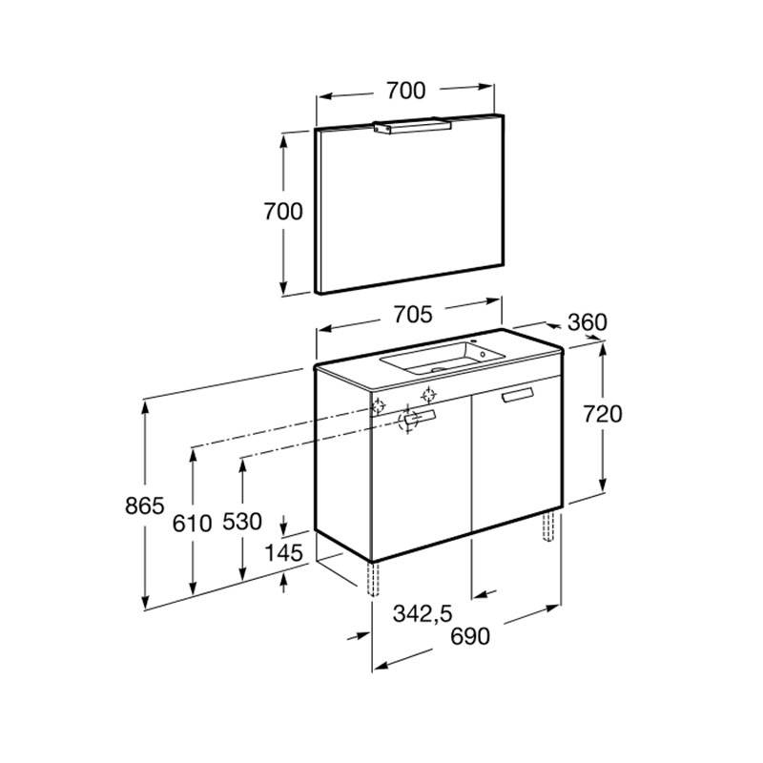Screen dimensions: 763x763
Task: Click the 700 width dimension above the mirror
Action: pyautogui.click(x=406, y=91)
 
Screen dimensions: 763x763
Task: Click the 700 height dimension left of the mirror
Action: pyautogui.click(x=283, y=211)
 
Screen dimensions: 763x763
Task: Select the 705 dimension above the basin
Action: pyautogui.click(x=413, y=315)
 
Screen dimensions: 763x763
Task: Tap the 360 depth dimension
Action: pyautogui.click(x=588, y=322)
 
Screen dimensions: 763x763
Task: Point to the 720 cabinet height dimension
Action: pyautogui.click(x=603, y=414)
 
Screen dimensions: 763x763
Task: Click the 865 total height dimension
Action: pyautogui.click(x=145, y=505)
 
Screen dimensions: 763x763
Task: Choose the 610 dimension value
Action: pyautogui.click(x=193, y=524)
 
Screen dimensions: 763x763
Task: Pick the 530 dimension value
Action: pyautogui.click(x=242, y=521)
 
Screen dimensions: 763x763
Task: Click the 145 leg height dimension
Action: pyautogui.click(x=283, y=552)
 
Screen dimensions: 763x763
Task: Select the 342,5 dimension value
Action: pyautogui.click(x=423, y=613)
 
